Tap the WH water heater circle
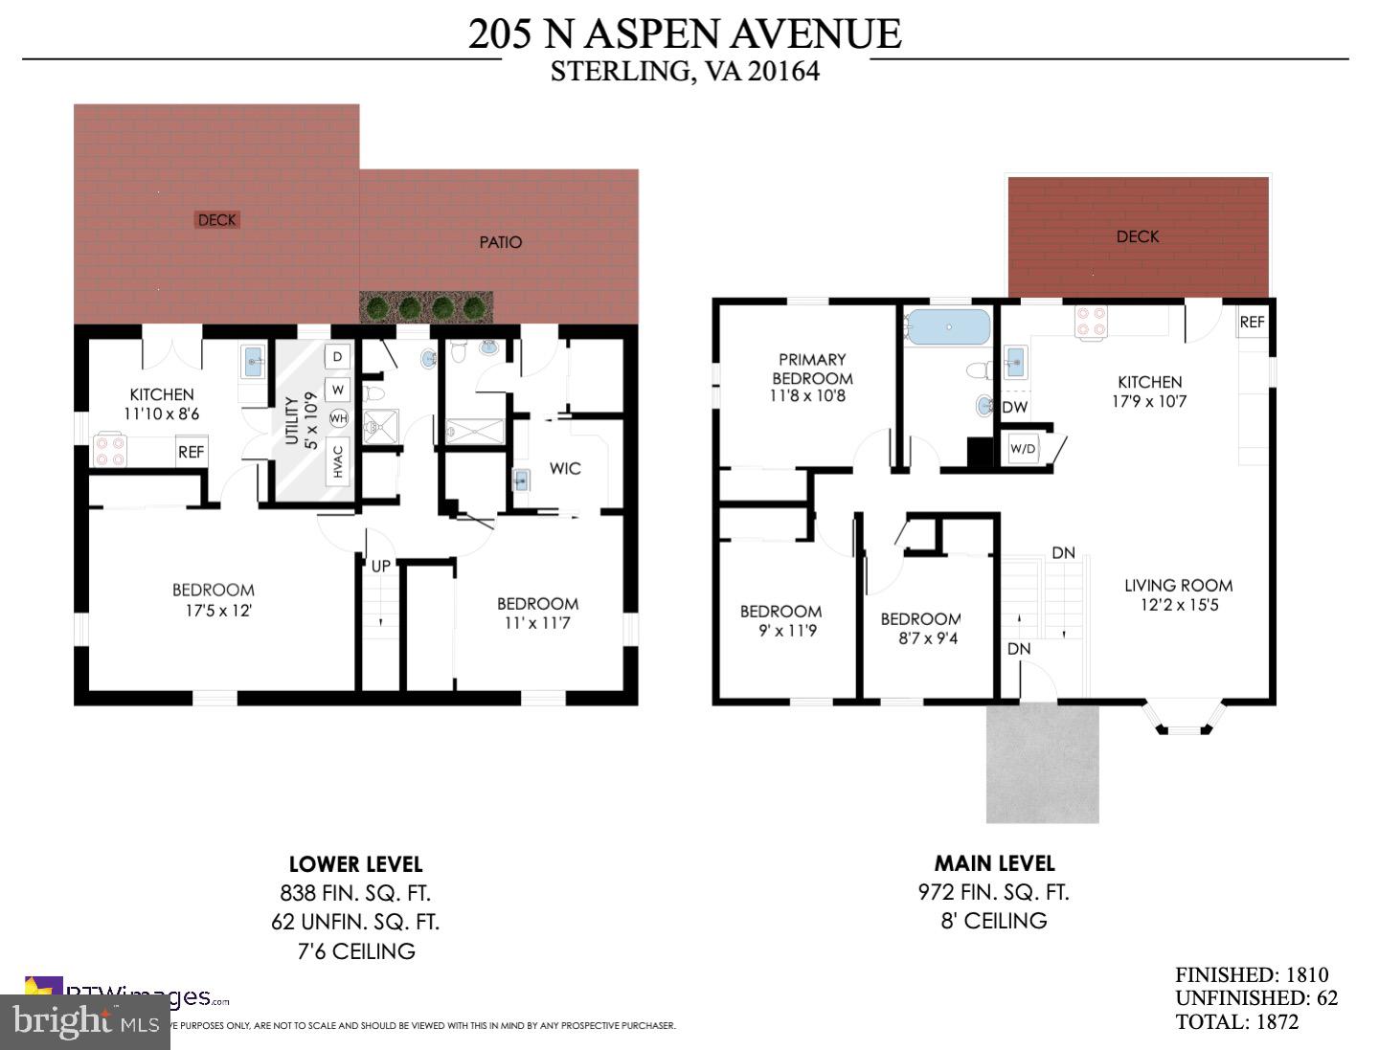338,418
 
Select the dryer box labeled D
337,357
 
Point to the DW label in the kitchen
1015,408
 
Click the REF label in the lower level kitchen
191,452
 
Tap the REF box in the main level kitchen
1252,323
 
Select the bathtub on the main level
948,326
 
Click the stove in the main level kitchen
1091,323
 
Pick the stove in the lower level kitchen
109,450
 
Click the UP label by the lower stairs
380,566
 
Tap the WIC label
565,468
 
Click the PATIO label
500,242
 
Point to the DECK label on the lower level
216,220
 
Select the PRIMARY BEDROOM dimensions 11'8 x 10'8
808,396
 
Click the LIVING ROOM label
1178,585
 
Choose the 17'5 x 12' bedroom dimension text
214,611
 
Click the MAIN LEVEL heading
994,863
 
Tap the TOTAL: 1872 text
1236,1021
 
